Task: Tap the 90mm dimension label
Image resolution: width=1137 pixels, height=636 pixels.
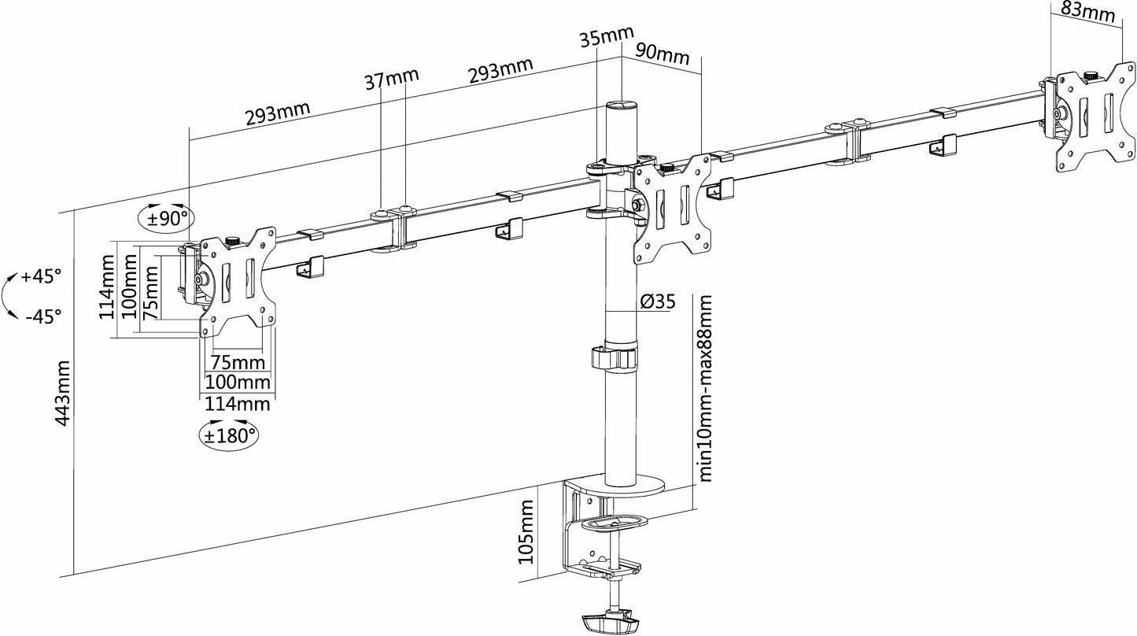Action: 663,55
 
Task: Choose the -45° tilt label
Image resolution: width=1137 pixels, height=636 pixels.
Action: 42,316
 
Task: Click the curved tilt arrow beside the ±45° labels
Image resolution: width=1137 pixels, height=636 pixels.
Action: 9,296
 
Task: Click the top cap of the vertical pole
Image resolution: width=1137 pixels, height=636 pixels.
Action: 622,105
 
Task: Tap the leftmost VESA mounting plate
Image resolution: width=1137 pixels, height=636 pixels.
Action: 237,279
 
